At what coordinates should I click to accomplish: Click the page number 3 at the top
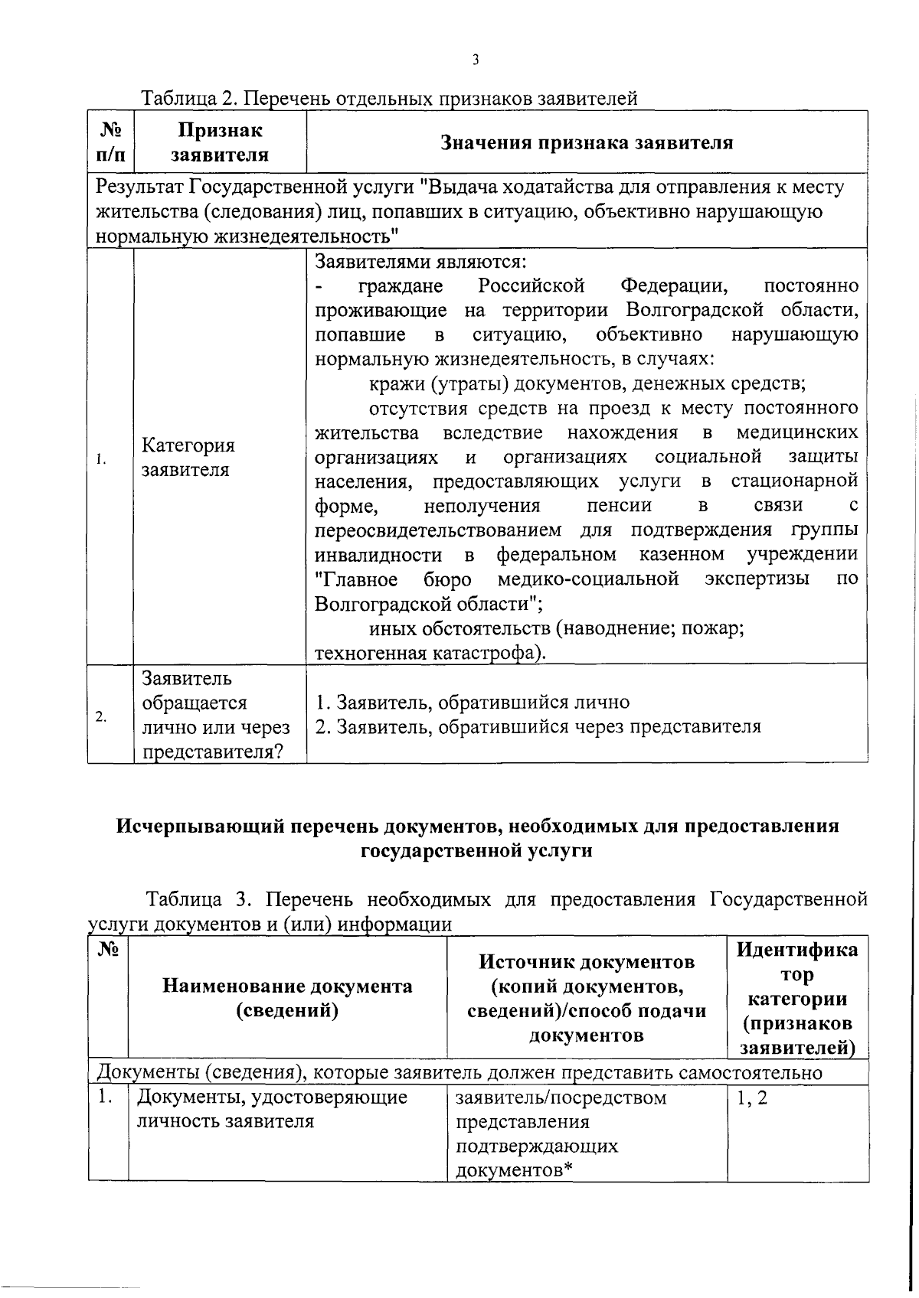(476, 60)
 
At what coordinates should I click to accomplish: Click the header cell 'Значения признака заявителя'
(587, 143)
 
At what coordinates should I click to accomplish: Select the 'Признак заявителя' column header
(220, 143)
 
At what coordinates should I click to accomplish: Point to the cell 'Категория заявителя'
(188, 458)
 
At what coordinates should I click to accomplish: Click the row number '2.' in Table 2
(101, 716)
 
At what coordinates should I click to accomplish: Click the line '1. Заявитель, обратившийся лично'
(473, 703)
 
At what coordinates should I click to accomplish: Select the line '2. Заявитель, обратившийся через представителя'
(538, 727)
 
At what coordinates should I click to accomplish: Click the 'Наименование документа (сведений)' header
(287, 998)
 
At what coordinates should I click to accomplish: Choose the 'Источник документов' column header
(587, 962)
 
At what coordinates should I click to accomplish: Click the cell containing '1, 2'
(751, 1098)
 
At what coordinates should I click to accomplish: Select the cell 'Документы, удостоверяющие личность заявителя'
(272, 1110)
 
